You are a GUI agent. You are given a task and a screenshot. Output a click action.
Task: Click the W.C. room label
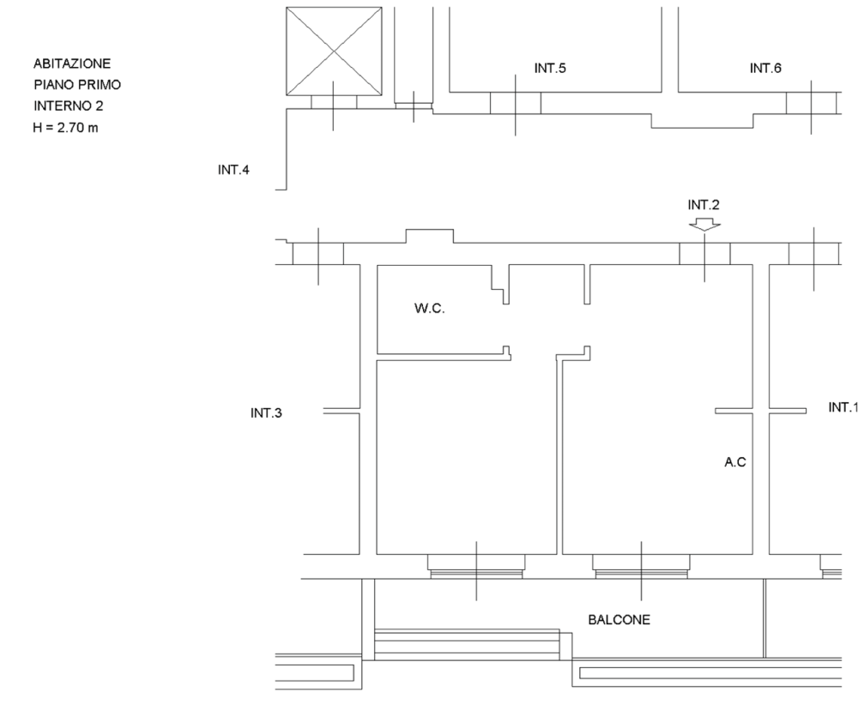430,309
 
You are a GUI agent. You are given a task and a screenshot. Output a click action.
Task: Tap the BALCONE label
619,620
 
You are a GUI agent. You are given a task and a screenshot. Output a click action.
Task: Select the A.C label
735,462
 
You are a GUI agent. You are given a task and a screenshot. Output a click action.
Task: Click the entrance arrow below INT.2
704,225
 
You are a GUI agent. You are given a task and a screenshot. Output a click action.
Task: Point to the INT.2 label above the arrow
704,205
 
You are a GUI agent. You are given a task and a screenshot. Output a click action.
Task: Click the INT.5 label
550,69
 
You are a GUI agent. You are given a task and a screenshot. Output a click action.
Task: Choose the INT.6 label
765,69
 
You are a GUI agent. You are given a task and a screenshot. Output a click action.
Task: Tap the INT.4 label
233,170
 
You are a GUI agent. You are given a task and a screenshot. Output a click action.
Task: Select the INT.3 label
266,413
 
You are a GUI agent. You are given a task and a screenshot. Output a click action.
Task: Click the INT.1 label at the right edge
843,407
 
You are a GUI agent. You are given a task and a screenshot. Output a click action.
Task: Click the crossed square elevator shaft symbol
335,51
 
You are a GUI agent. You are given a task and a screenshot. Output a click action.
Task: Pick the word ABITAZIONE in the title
72,63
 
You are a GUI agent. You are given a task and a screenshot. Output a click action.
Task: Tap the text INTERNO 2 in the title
69,106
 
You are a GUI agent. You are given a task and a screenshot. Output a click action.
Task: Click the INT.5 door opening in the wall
516,104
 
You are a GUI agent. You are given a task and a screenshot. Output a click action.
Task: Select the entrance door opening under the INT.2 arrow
704,254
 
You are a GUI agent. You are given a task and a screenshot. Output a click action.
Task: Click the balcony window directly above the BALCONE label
641,567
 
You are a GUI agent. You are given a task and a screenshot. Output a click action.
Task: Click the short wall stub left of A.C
734,411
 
